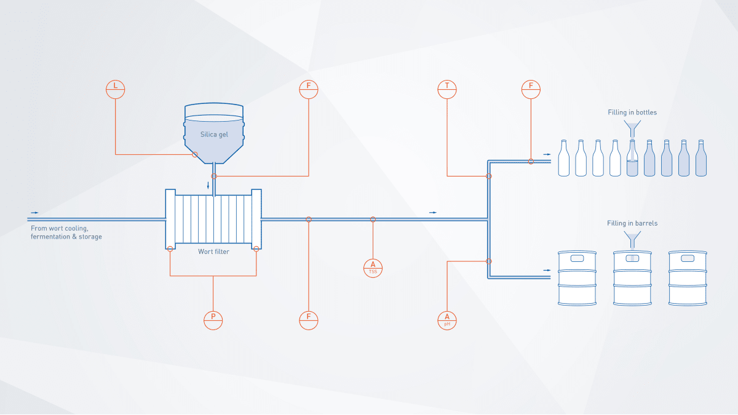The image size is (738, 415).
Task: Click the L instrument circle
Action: click(115, 89)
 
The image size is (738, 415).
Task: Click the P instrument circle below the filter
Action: click(213, 320)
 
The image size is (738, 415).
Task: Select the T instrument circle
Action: click(447, 89)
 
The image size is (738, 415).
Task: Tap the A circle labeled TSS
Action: click(373, 267)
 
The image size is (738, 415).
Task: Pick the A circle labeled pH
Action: click(447, 320)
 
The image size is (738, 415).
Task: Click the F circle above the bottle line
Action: click(530, 89)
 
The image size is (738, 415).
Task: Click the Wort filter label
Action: click(213, 251)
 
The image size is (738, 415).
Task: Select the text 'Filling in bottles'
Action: click(632, 113)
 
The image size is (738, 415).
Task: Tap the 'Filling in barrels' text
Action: click(632, 223)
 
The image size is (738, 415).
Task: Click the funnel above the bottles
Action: click(632, 128)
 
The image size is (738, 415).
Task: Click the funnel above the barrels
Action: click(632, 238)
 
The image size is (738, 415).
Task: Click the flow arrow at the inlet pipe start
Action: click(35, 213)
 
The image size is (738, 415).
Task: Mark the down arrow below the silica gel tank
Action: click(208, 184)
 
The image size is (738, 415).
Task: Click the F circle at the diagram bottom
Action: click(308, 320)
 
